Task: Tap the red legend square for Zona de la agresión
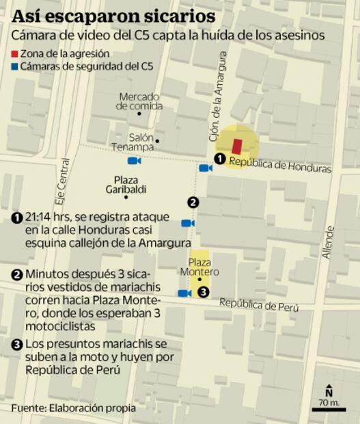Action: tap(16, 53)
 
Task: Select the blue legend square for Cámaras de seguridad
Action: tap(16, 66)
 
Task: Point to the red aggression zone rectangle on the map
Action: tap(237, 146)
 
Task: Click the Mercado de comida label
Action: tap(139, 101)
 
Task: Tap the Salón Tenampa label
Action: tap(132, 142)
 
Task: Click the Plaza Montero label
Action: tap(199, 267)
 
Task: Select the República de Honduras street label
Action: tap(279, 164)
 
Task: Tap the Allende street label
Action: tap(329, 243)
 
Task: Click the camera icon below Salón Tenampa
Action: tap(134, 161)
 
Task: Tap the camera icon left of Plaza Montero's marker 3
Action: tap(184, 293)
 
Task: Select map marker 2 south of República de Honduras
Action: tap(193, 202)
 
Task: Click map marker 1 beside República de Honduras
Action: tap(220, 159)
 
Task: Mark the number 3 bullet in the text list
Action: tap(17, 344)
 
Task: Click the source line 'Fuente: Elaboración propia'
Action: tap(73, 408)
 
